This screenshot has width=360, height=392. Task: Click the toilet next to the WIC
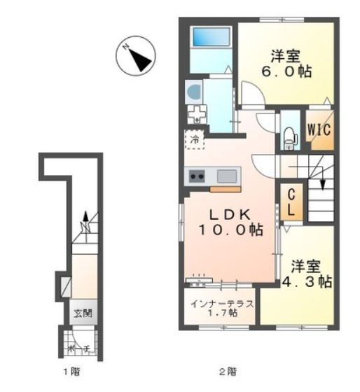288,136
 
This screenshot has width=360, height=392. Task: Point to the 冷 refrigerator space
195,139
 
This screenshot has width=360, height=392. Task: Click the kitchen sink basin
228,176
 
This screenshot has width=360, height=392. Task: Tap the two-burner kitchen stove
195,176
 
